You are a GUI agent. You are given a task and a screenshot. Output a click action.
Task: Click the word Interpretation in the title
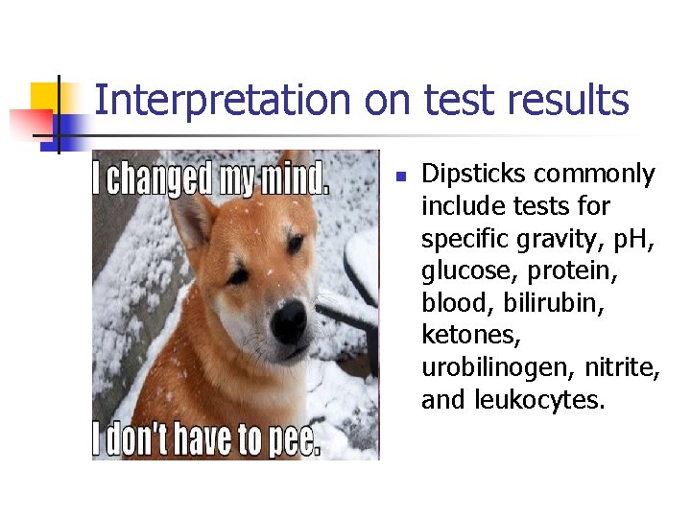[224, 101]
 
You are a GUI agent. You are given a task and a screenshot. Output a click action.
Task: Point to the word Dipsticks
[474, 175]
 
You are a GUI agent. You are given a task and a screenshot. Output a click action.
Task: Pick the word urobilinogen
[489, 367]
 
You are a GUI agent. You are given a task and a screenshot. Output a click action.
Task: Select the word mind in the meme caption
[296, 179]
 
